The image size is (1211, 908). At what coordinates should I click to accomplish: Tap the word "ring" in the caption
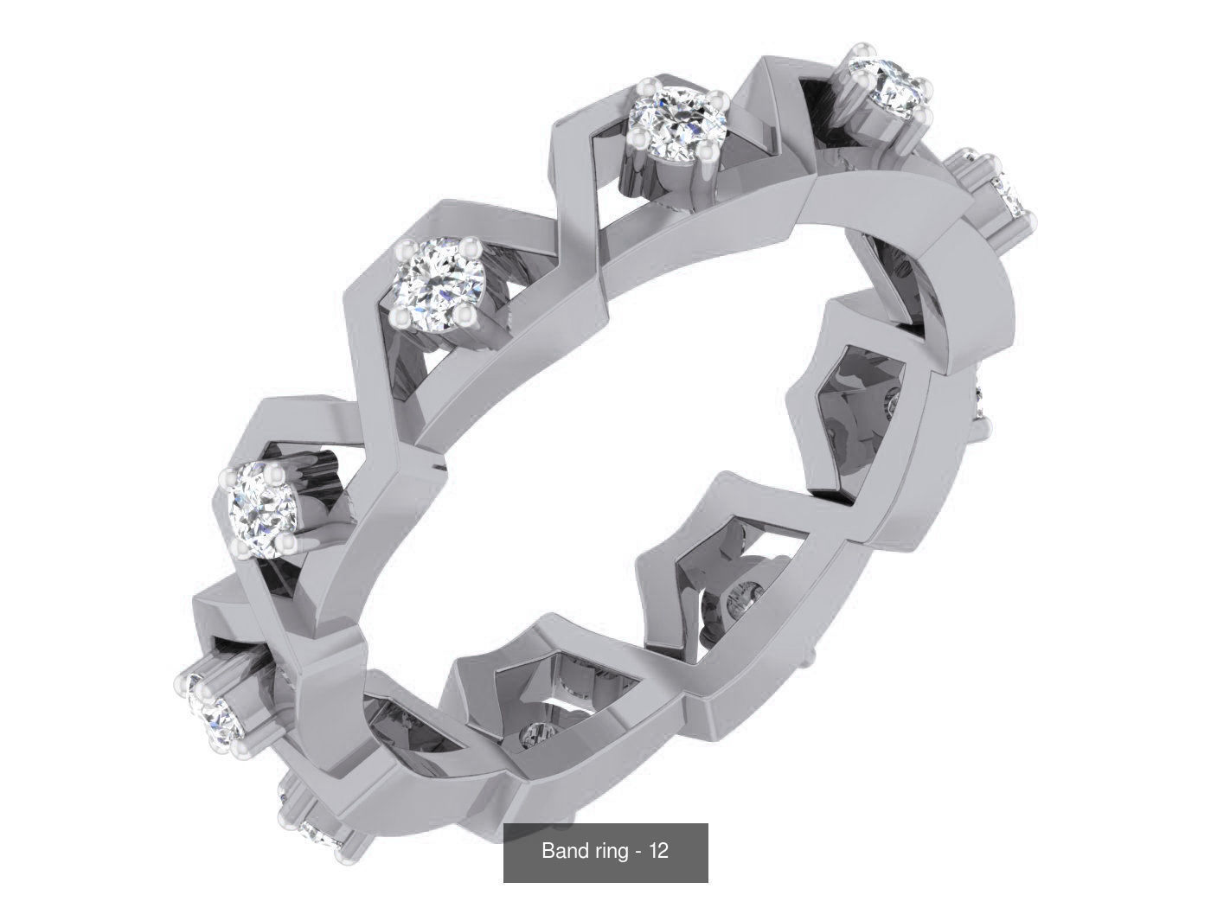[609, 851]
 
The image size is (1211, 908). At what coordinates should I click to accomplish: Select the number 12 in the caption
[658, 851]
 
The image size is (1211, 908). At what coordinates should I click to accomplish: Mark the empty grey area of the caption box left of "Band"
[522, 852]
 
